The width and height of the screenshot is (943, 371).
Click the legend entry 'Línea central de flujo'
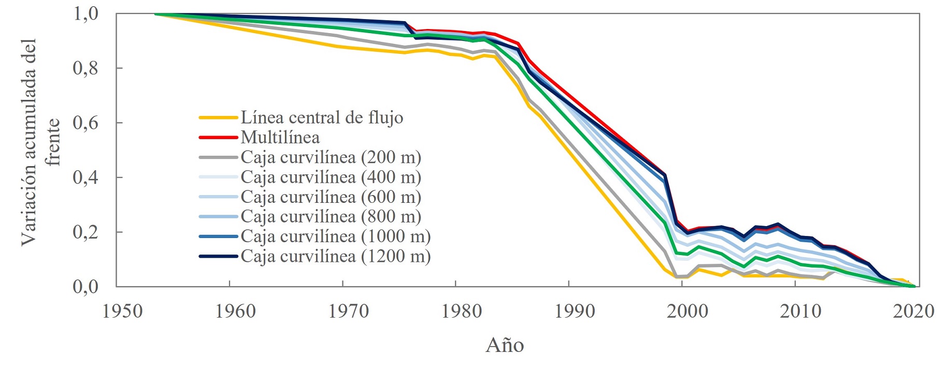tap(321, 118)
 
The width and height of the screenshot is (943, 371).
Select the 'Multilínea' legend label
tap(280, 138)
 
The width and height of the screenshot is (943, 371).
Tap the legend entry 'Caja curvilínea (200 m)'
tap(331, 157)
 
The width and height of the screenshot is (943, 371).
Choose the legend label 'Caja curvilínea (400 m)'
tap(331, 177)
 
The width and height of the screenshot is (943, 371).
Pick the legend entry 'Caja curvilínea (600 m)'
tap(331, 197)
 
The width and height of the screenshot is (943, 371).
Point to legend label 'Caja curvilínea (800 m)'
tap(331, 217)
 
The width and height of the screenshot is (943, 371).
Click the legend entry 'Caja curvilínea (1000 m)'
tap(335, 236)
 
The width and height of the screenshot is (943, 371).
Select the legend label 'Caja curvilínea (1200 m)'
tap(335, 256)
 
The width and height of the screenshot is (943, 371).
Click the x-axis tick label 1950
tap(123, 311)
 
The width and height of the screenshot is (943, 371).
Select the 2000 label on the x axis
tap(688, 311)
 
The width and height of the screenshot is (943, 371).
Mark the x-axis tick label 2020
tap(913, 311)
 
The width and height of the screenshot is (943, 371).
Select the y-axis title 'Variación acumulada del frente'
tap(40, 142)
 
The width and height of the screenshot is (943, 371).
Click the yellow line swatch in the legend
tap(218, 118)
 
